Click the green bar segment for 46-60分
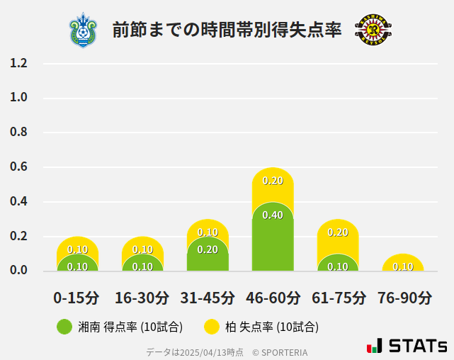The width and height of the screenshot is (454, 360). [x=273, y=237]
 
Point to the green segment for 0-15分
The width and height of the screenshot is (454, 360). [x=78, y=264]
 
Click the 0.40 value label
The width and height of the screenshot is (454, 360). [x=273, y=215]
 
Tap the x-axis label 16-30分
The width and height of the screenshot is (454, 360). [x=142, y=298]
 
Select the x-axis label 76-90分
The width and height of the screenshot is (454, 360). [x=404, y=298]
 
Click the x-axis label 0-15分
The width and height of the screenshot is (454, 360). [x=77, y=298]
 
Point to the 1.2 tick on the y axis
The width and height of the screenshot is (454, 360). [x=18, y=63]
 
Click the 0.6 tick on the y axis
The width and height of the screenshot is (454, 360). [x=18, y=167]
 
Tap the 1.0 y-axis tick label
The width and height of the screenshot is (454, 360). [x=18, y=98]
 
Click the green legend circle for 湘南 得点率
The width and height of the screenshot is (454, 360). [x=65, y=327]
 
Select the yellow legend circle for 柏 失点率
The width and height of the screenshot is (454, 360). [x=211, y=327]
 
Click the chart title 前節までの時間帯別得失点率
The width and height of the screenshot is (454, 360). [x=227, y=30]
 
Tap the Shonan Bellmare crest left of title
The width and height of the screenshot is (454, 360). [x=84, y=30]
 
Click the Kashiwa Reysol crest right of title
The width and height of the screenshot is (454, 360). [x=373, y=30]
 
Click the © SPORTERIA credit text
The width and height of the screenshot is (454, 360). [x=280, y=352]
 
